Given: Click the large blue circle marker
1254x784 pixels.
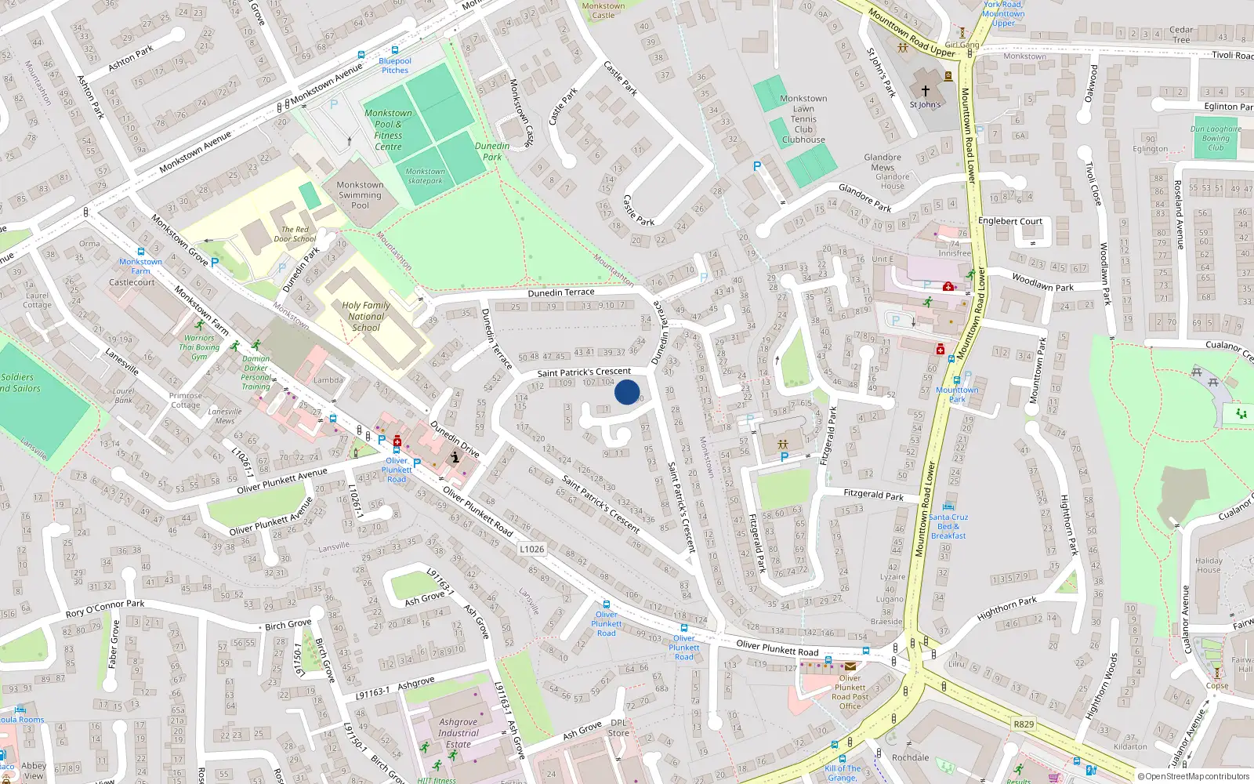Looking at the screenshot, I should [627, 392].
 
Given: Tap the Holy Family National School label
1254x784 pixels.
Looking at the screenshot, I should [366, 317].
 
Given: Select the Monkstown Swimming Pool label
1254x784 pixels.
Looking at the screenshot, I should [360, 195].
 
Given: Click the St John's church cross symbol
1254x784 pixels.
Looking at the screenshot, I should [926, 91].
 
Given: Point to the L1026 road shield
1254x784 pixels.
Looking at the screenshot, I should [531, 549].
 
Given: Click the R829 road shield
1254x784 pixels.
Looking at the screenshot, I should [1023, 724].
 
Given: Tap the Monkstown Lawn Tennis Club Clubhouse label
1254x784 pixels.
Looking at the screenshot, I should [803, 119].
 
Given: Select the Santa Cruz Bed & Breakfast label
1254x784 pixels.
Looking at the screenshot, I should [948, 526].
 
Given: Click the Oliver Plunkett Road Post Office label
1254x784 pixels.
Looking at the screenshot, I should [850, 691].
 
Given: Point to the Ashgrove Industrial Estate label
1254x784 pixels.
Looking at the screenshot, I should [458, 733].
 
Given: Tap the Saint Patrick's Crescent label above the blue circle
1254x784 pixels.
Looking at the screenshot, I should [584, 372].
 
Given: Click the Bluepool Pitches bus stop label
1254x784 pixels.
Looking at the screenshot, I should [395, 65].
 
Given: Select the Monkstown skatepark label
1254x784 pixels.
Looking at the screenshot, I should [425, 176].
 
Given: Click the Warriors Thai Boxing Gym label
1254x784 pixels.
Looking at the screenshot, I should [199, 347].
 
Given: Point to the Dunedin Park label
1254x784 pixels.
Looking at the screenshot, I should [492, 151].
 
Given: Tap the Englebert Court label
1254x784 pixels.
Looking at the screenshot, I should [1010, 221].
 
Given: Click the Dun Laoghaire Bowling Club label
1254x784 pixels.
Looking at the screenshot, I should [1216, 138].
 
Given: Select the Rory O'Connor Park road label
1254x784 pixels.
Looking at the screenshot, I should [105, 608].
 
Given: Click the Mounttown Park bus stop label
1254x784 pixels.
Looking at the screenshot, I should [957, 394].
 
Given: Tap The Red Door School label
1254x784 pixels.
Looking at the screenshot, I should [295, 234].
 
